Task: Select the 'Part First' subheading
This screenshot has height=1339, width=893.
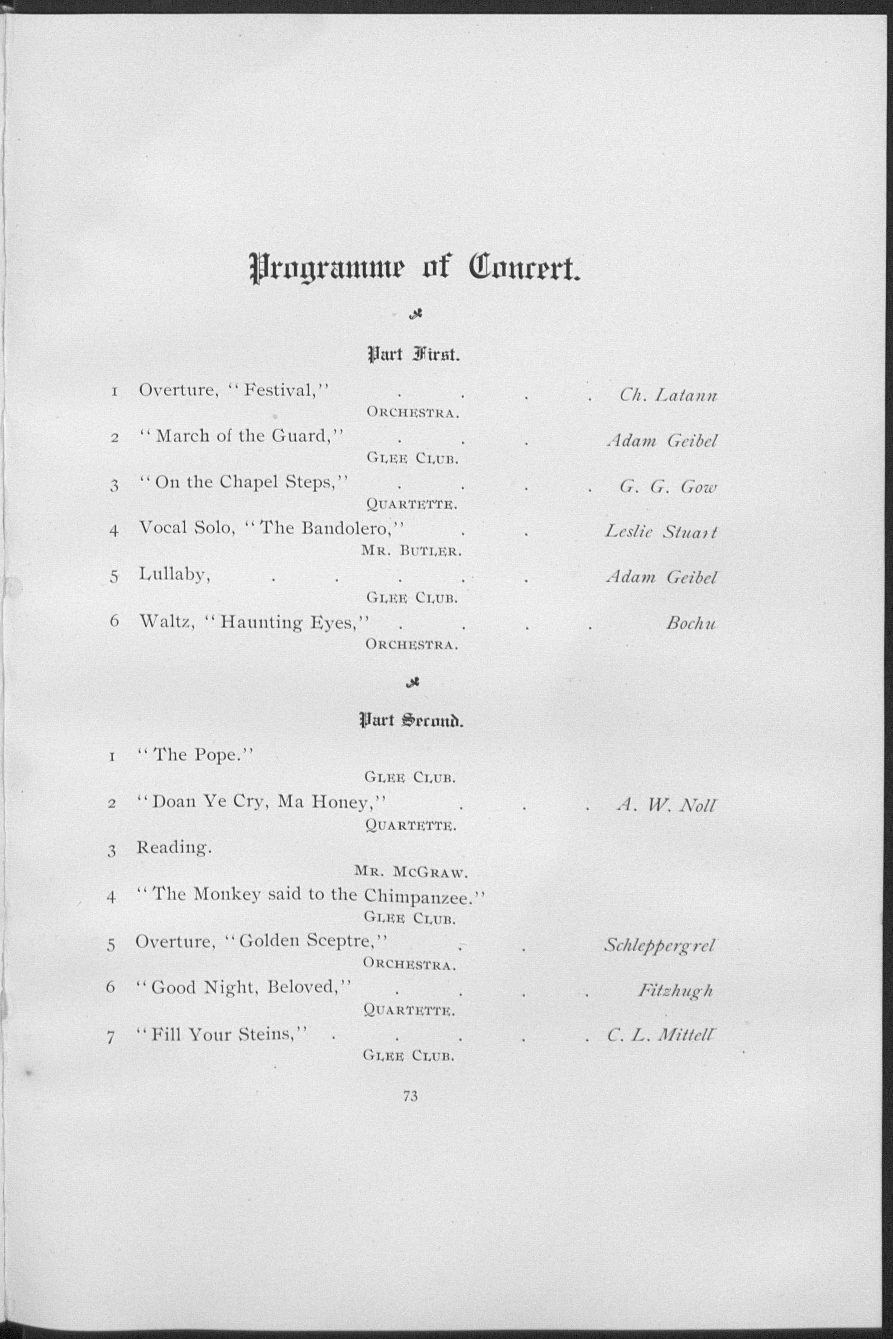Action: pyautogui.click(x=413, y=356)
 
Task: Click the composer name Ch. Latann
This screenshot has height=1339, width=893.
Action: pyautogui.click(x=668, y=395)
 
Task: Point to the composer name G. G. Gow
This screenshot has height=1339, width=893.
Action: pyautogui.click(x=668, y=487)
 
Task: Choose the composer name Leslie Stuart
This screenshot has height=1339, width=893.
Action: pyautogui.click(x=661, y=532)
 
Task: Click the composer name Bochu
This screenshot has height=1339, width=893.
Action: pyautogui.click(x=691, y=623)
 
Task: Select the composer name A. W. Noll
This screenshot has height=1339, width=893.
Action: pyautogui.click(x=666, y=805)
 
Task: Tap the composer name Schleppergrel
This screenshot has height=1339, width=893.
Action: pyautogui.click(x=659, y=946)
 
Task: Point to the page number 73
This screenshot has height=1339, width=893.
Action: pyautogui.click(x=410, y=1096)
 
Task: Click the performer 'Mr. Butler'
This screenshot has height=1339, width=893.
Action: pyautogui.click(x=411, y=551)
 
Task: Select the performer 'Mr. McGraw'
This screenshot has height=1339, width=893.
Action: pyautogui.click(x=411, y=871)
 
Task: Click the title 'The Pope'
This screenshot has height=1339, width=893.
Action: pyautogui.click(x=195, y=755)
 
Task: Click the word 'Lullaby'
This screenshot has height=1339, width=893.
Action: pyautogui.click(x=175, y=575)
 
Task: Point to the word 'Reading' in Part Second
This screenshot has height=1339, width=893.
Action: pyautogui.click(x=174, y=848)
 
